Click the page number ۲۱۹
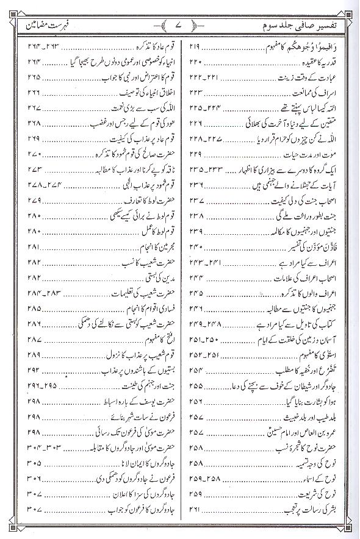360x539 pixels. click(196, 46)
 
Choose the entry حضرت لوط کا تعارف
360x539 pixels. click(133, 199)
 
